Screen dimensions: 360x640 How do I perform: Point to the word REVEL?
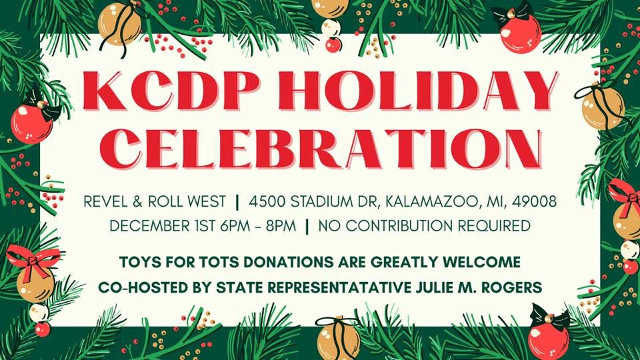pyautogui.click(x=107, y=201)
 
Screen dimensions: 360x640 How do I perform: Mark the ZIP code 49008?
pyautogui.click(x=533, y=201)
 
